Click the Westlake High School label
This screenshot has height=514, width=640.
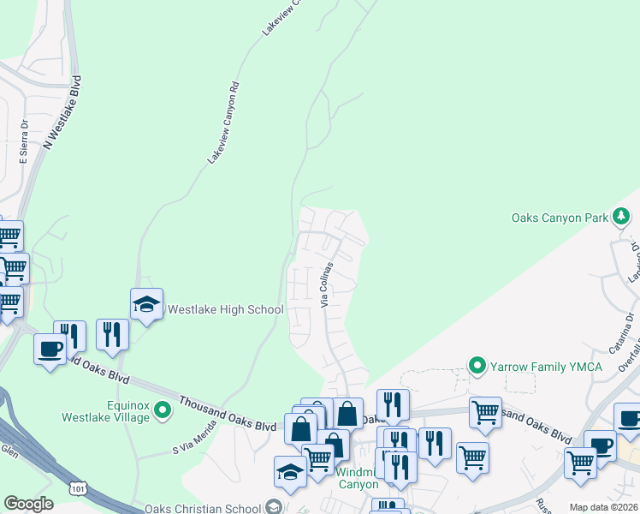tap(225, 309)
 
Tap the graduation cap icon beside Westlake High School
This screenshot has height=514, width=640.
tap(146, 304)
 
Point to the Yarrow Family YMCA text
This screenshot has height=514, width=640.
tap(546, 367)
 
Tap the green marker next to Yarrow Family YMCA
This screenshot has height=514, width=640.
tap(478, 367)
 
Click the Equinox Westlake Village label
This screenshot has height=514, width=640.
tap(104, 411)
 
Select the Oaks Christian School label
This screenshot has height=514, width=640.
tap(204, 506)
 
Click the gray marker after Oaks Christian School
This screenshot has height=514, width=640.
tap(273, 506)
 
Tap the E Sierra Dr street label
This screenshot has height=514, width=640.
tap(24, 141)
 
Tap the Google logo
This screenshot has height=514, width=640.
tap(28, 504)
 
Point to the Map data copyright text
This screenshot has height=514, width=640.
tap(604, 507)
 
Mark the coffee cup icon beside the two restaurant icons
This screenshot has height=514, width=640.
tap(50, 349)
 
